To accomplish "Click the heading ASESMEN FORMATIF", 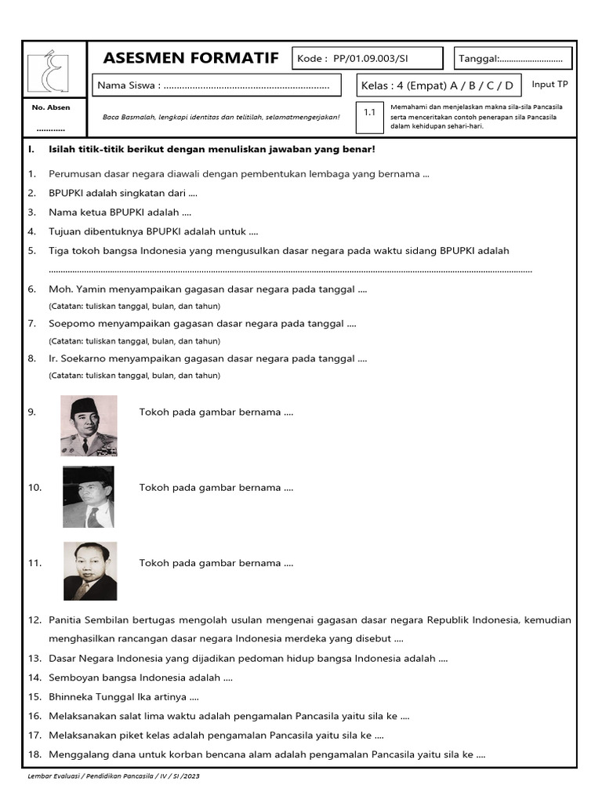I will click(190, 59).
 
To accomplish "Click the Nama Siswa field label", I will click(128, 85).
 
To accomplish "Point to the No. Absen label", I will click(50, 107).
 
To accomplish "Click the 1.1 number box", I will click(370, 112).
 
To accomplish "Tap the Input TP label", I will click(549, 85).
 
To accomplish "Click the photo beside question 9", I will click(89, 426).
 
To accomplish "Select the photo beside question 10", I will click(89, 497).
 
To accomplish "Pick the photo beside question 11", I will click(90, 571).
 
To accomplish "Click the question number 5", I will click(32, 251).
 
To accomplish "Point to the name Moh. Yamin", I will click(73, 289).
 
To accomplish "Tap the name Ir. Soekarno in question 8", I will click(77, 358).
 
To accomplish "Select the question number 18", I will click(34, 756).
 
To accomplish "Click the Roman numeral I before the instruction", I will click(30, 149).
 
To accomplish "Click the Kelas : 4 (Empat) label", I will click(401, 85).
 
